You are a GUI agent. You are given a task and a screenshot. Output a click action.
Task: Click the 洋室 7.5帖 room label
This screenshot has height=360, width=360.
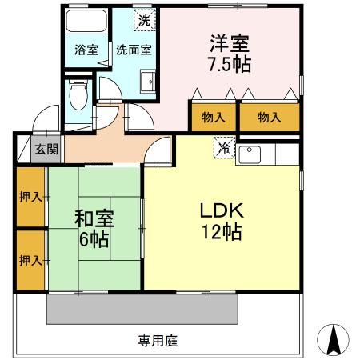click(x=229, y=53)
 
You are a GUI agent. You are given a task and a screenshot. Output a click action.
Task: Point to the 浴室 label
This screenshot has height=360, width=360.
click(x=86, y=49)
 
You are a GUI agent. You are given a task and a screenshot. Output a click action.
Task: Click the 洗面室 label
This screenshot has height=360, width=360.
click(x=134, y=49)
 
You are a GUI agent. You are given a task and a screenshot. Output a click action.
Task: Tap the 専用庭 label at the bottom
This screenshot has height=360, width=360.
click(x=158, y=340)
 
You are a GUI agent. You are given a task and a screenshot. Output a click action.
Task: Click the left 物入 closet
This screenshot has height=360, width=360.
click(x=214, y=117)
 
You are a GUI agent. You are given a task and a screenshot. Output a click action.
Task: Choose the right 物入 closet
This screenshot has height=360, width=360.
click(x=270, y=117)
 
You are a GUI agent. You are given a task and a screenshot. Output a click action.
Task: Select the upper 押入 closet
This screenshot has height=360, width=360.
click(x=30, y=196)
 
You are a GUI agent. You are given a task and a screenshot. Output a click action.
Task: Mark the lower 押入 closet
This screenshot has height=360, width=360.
click(x=30, y=259)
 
